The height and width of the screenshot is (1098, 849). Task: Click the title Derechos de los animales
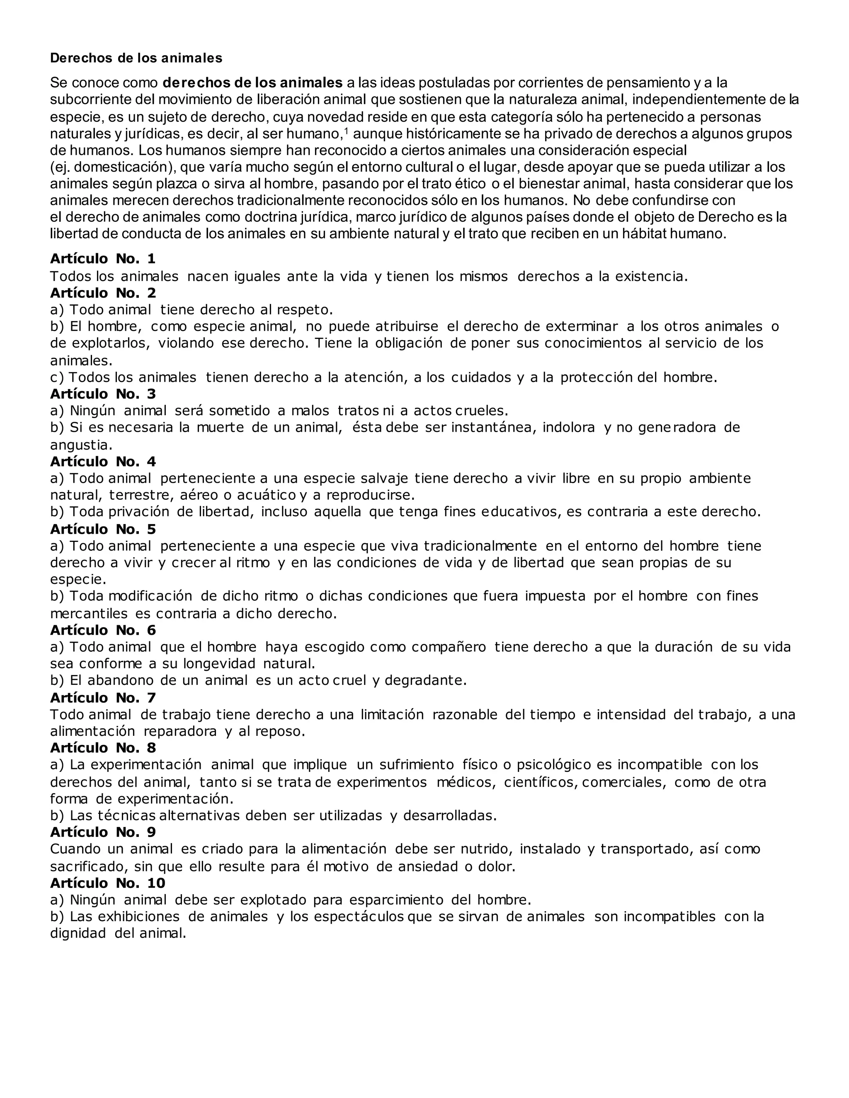[x=136, y=58]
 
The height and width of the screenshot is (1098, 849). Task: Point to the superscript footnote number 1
[x=346, y=131]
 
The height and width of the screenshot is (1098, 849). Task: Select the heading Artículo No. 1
[x=103, y=259]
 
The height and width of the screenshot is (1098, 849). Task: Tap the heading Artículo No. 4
[x=103, y=462]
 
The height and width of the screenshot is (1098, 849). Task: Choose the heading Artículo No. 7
[x=103, y=698]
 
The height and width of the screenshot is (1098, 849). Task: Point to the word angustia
[x=80, y=445]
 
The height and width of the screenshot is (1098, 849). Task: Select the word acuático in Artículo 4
[x=267, y=495]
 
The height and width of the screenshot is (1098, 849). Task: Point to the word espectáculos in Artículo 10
[x=359, y=917]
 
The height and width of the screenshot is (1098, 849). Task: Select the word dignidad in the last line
[x=78, y=934]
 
